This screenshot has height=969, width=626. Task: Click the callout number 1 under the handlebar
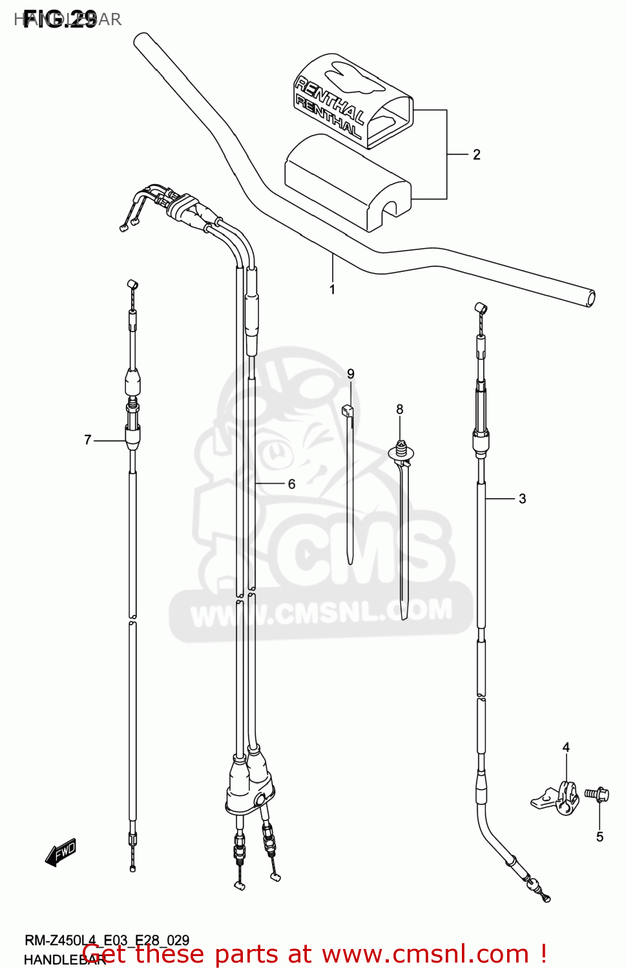tap(332, 289)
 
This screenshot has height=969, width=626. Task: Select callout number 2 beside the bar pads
tap(476, 154)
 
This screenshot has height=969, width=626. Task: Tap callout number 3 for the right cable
tap(522, 499)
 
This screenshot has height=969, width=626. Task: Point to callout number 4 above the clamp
tap(566, 747)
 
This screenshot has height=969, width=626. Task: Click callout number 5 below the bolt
tap(600, 837)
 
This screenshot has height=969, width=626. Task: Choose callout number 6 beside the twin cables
tap(291, 484)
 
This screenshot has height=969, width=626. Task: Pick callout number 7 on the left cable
tap(88, 440)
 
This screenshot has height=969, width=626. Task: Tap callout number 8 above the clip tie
tap(400, 409)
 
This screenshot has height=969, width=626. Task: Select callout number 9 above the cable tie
tap(351, 374)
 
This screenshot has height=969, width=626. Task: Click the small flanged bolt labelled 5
tap(598, 793)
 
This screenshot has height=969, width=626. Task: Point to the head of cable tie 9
tap(348, 410)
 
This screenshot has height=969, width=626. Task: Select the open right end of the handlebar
tap(589, 298)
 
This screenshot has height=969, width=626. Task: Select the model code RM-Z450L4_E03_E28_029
tap(107, 941)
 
